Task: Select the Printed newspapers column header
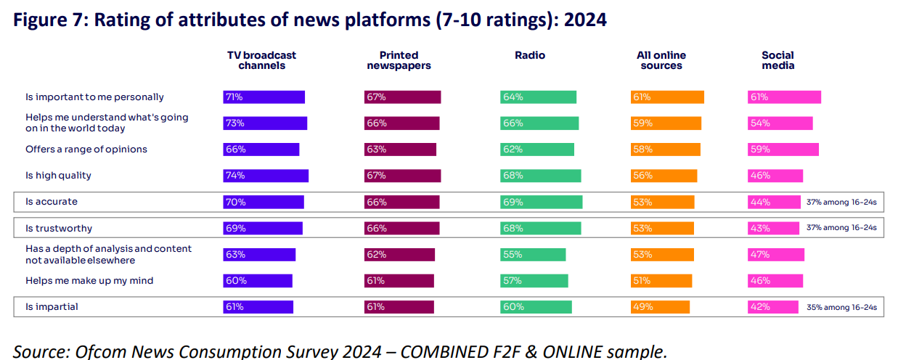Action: click(x=399, y=60)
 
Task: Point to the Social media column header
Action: click(x=778, y=60)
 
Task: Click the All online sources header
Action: click(x=661, y=60)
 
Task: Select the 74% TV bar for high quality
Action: click(x=265, y=176)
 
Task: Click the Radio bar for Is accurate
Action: click(x=540, y=202)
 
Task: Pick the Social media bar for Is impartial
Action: click(x=772, y=307)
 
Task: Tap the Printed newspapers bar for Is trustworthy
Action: click(x=401, y=228)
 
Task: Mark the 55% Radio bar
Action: click(x=532, y=254)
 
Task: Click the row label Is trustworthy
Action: click(x=59, y=228)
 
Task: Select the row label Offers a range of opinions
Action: click(x=86, y=150)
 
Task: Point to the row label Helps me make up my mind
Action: click(x=89, y=281)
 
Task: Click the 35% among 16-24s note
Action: click(x=841, y=308)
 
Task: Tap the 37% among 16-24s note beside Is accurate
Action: click(x=841, y=202)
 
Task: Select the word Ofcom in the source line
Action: click(x=97, y=351)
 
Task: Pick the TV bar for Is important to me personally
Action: click(x=264, y=97)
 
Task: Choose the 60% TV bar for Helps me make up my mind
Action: click(x=257, y=281)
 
